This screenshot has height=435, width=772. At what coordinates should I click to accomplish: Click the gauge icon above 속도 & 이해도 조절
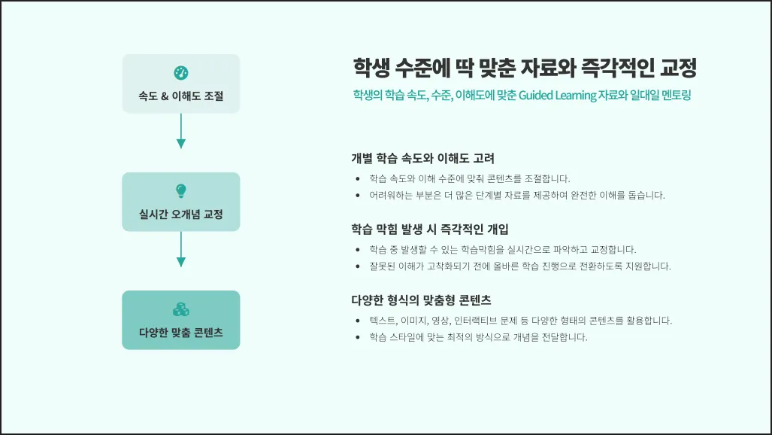click(x=180, y=73)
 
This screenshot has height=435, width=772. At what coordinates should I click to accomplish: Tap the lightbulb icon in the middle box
click(x=180, y=191)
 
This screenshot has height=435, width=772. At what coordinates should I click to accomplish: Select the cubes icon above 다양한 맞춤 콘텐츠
click(x=180, y=309)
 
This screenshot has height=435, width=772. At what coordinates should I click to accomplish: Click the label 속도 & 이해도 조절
click(x=180, y=96)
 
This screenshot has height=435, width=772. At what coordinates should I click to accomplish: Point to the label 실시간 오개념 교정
click(x=180, y=214)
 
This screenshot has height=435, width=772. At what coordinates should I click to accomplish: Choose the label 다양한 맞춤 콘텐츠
click(x=180, y=332)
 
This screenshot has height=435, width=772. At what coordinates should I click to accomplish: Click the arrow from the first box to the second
click(x=180, y=132)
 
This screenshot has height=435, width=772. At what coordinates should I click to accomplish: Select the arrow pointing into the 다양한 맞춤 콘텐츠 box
click(x=180, y=249)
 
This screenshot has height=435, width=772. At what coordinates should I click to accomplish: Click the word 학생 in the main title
click(x=371, y=69)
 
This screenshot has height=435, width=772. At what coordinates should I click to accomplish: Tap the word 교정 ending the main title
click(x=678, y=69)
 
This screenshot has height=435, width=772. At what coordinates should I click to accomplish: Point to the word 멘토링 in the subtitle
click(x=673, y=96)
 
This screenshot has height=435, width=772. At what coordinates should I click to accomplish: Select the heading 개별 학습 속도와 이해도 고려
click(x=422, y=159)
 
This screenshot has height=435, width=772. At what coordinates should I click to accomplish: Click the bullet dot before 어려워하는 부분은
click(x=357, y=196)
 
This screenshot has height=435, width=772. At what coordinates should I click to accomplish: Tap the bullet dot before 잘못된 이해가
click(x=357, y=266)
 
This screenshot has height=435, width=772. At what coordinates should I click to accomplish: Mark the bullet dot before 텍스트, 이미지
click(x=357, y=321)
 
